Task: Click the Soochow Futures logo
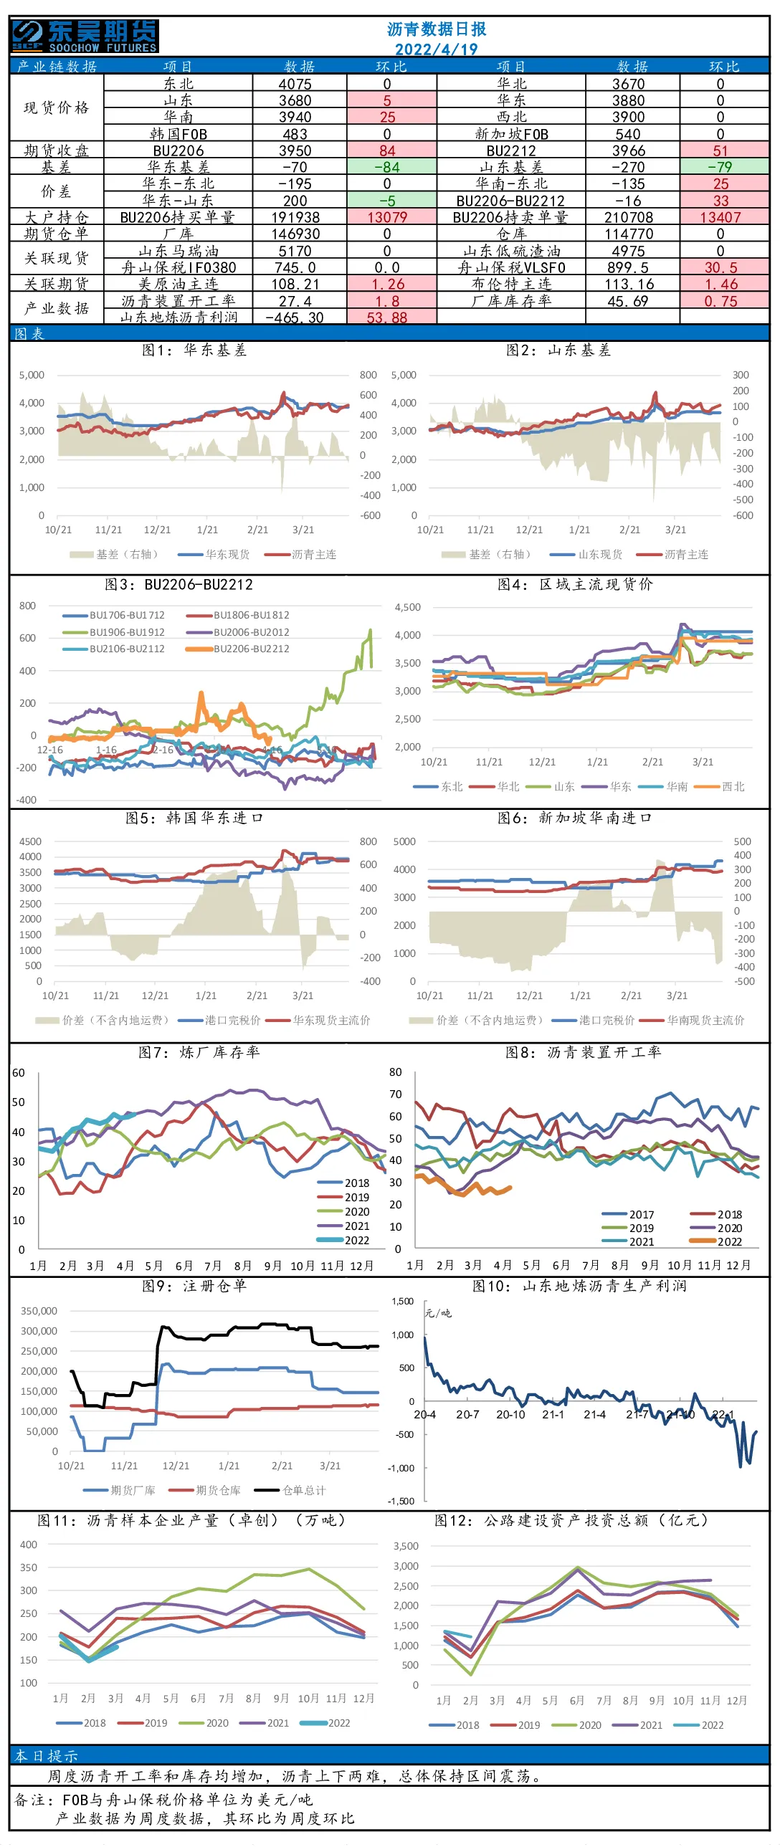(85, 36)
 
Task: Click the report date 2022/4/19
(436, 49)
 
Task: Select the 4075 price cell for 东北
(295, 83)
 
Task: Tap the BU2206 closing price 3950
(295, 151)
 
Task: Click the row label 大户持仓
(57, 217)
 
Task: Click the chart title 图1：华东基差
(194, 350)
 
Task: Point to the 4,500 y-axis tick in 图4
(408, 607)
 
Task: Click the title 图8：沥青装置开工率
(584, 1052)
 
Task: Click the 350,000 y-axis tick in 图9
(39, 1311)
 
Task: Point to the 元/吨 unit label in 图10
(438, 1313)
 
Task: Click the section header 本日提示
(47, 1756)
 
